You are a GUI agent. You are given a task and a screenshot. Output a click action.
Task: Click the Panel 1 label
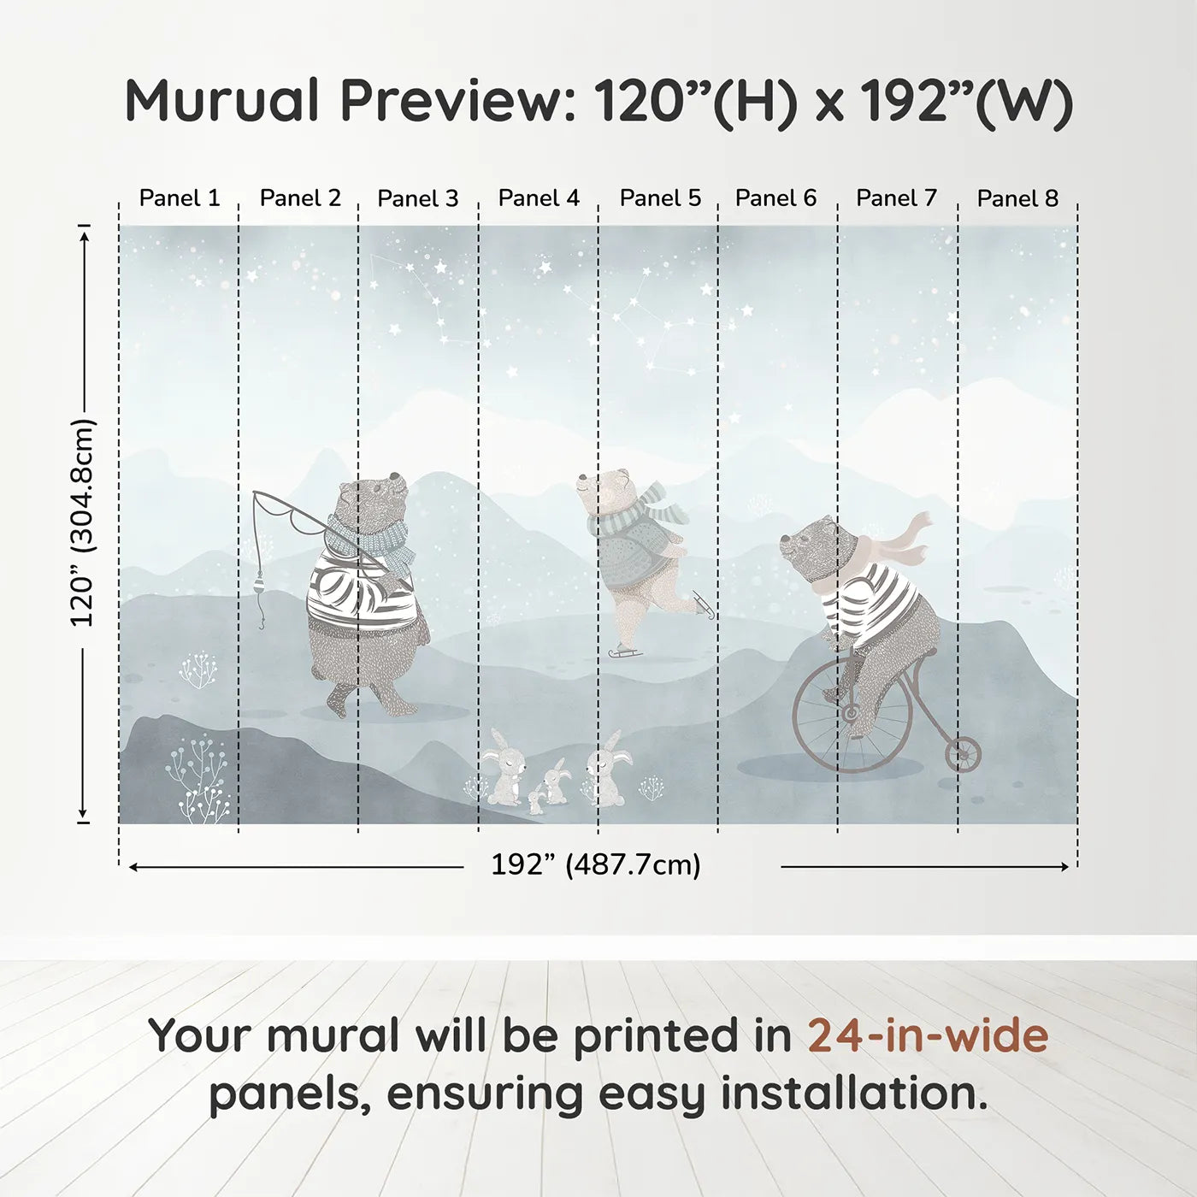180,198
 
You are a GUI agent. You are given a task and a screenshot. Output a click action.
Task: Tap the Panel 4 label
539,198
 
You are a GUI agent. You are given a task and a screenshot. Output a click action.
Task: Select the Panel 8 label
1017,198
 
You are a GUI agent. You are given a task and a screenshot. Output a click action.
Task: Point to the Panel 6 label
775,198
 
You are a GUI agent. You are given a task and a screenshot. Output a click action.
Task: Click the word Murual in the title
221,101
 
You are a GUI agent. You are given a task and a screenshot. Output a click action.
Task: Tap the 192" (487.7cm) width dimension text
596,864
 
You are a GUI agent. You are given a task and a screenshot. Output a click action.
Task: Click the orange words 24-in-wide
928,1035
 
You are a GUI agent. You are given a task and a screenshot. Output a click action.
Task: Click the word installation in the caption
854,1094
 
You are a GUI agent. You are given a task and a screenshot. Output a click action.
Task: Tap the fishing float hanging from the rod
259,586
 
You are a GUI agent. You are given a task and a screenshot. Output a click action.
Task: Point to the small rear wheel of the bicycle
963,753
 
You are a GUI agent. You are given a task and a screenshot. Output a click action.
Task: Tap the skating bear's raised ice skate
703,603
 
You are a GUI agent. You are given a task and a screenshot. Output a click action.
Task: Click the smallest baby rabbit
535,802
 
